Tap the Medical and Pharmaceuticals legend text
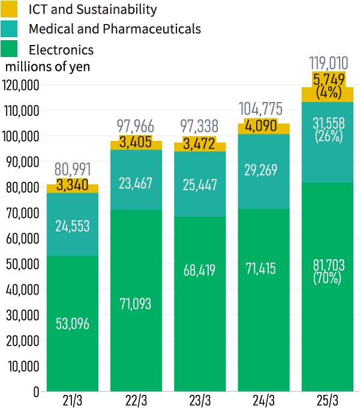coord(115,29)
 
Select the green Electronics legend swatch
coord(13,49)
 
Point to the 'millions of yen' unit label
coord(47,67)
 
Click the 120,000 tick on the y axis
coord(20,86)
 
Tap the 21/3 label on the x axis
coord(73,400)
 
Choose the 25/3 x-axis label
coord(327,400)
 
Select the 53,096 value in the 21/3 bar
coord(73,324)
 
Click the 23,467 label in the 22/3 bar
coord(136,183)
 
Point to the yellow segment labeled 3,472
coord(200,146)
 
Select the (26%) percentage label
coord(327,137)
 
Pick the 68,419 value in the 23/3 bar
coord(200,270)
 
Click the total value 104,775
coord(263,109)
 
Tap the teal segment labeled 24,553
coord(73,226)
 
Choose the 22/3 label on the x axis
coord(136,400)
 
